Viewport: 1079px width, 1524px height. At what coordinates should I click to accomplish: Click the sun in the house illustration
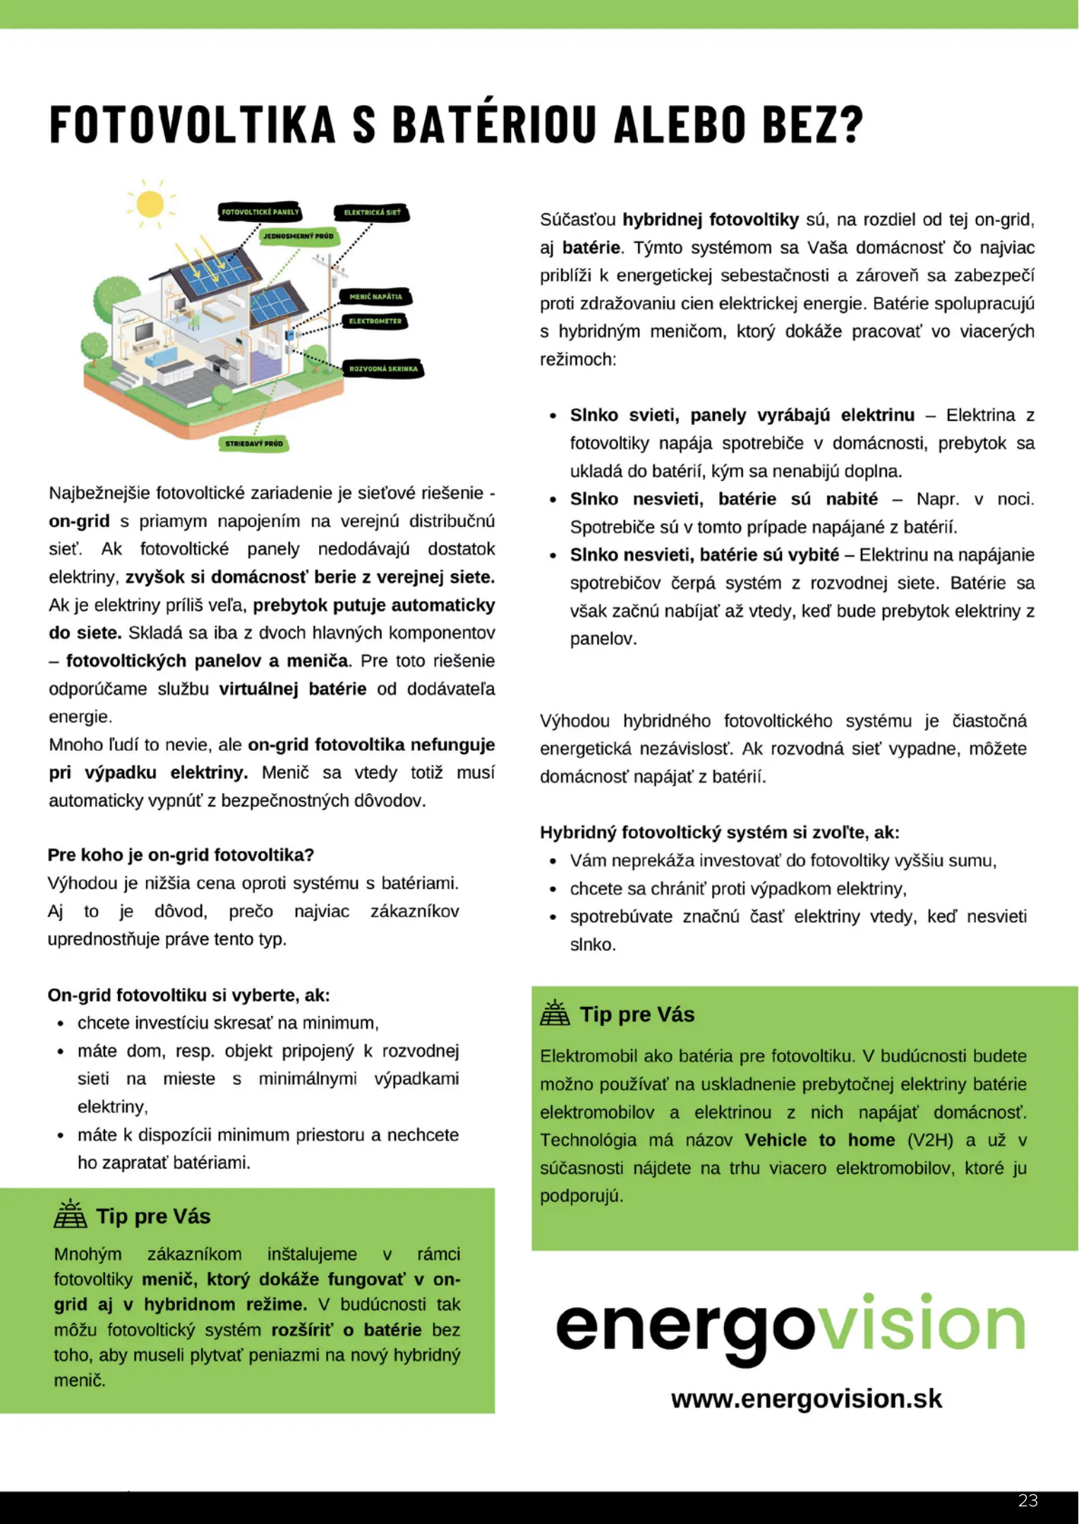(x=150, y=205)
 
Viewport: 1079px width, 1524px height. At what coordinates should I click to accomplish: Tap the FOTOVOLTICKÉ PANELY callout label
(x=260, y=211)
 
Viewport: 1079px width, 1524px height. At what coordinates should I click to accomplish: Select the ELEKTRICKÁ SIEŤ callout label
(x=372, y=212)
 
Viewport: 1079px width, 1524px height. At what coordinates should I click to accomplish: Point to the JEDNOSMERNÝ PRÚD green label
(x=299, y=236)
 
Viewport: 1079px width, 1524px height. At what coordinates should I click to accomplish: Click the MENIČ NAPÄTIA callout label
(x=375, y=296)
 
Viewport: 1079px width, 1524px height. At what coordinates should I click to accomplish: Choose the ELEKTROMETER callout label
(x=375, y=321)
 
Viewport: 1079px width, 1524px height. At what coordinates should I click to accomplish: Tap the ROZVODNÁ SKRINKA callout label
(x=383, y=368)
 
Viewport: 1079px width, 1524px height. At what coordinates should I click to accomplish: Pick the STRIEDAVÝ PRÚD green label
(x=254, y=443)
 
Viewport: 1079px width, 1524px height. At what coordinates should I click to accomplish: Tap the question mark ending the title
(x=852, y=125)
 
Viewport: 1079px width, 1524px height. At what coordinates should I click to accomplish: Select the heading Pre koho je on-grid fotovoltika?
(x=181, y=855)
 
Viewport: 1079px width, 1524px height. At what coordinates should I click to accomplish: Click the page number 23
(x=1027, y=1501)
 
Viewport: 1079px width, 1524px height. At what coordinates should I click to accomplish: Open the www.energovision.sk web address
(x=806, y=1399)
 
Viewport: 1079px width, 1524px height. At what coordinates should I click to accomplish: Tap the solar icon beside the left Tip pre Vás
(x=71, y=1215)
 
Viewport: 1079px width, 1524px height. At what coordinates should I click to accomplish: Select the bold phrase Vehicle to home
(x=819, y=1140)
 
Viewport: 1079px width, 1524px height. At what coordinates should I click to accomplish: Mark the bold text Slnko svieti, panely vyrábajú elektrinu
(x=742, y=415)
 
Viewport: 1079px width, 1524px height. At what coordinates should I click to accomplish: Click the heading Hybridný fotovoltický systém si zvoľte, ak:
(x=719, y=833)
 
